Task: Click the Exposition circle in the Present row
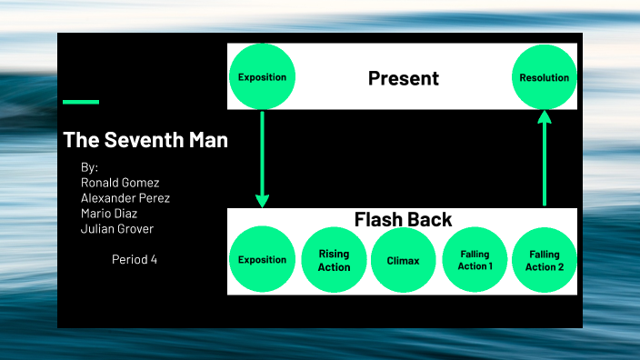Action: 262,77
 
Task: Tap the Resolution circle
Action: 544,77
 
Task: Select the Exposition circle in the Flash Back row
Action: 262,260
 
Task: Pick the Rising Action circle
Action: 334,260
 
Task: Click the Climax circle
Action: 404,260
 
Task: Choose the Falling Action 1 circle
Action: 475,260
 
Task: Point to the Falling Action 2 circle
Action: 545,260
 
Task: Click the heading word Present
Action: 403,78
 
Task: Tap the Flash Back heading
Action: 403,220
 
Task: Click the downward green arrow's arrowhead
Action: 262,199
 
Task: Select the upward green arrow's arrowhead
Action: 545,117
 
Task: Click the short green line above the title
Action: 81,102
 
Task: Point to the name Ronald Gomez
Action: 120,183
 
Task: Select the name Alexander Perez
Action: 125,198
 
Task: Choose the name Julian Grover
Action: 117,229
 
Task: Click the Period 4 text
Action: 135,259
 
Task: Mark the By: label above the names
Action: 89,167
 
